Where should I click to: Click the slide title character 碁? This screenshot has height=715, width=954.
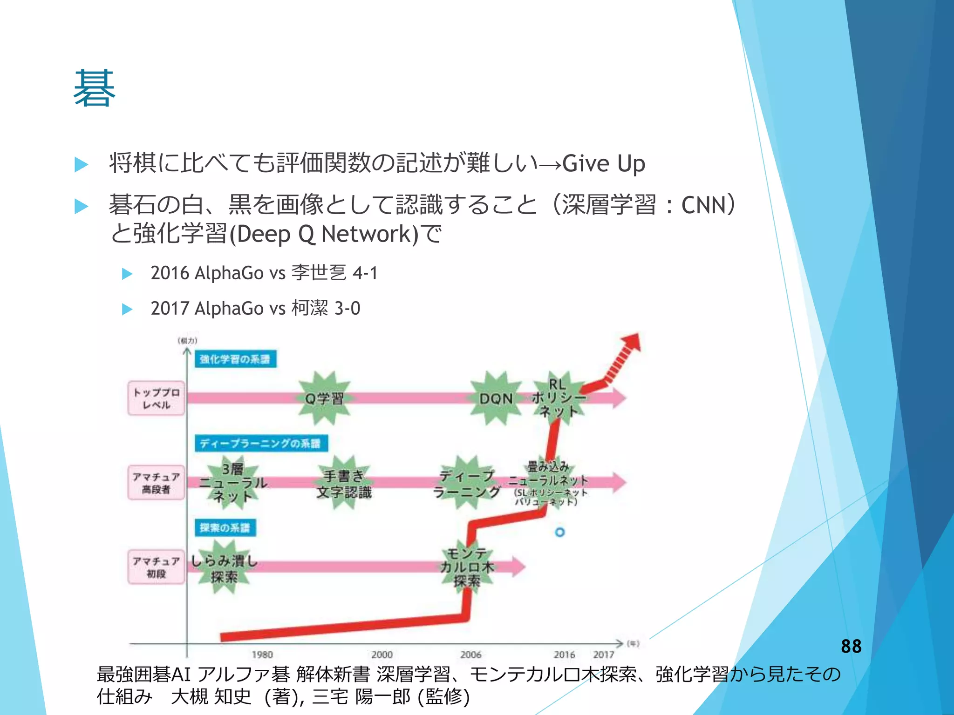coord(95,88)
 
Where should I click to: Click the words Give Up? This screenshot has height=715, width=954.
coord(603,164)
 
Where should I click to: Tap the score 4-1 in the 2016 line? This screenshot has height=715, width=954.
coord(365,273)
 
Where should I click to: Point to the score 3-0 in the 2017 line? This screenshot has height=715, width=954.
coord(347,308)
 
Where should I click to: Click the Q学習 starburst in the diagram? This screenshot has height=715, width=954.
coord(324,398)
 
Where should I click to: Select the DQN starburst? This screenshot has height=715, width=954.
coord(496,398)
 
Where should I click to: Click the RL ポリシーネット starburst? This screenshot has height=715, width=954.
coord(558,398)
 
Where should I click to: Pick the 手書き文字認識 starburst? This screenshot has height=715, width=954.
coord(344,483)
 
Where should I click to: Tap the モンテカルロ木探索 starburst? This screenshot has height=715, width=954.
coord(467,567)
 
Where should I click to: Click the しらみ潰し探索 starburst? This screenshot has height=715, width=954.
coord(224,568)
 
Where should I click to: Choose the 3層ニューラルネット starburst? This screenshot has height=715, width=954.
coord(232,483)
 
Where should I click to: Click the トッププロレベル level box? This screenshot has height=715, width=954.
coord(156,398)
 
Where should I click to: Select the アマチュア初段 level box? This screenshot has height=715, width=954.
coord(156,567)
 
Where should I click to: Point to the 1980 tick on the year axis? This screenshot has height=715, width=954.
coord(262,654)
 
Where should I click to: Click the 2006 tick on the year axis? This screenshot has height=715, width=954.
coord(470,654)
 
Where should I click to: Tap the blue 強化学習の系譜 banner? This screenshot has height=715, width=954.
coord(235,359)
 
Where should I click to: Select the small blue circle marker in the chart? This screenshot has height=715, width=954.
coord(560,532)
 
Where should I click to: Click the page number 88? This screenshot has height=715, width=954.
coord(851,646)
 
